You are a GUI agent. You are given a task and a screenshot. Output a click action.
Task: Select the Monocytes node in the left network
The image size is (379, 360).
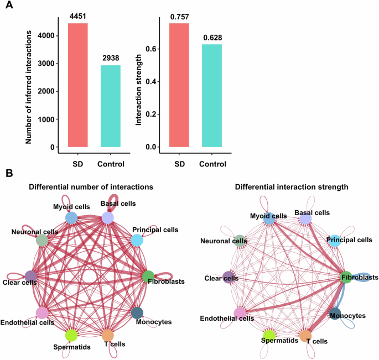click(138, 312)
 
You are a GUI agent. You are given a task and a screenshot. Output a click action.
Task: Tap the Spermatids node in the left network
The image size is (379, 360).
click(71, 335)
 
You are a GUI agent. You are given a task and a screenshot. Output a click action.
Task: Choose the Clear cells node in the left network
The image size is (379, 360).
click(31, 276)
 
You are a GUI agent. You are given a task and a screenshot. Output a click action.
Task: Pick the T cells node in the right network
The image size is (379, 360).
click(305, 335)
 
